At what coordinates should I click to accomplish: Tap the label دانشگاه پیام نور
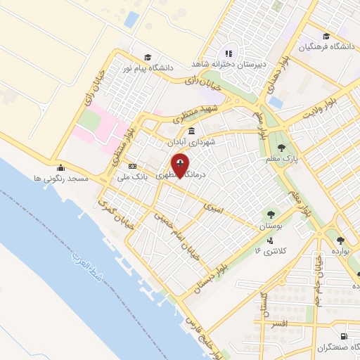(x=147, y=67)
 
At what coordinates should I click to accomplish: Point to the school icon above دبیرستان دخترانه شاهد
(x=228, y=53)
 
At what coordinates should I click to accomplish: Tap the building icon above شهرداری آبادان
(x=191, y=131)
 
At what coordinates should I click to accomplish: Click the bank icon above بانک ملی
(x=132, y=166)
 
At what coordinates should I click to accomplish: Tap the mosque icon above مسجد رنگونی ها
(x=60, y=168)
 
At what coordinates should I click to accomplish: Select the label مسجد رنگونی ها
(x=61, y=179)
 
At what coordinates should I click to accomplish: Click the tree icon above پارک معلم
(x=282, y=148)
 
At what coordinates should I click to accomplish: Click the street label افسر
(x=279, y=324)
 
